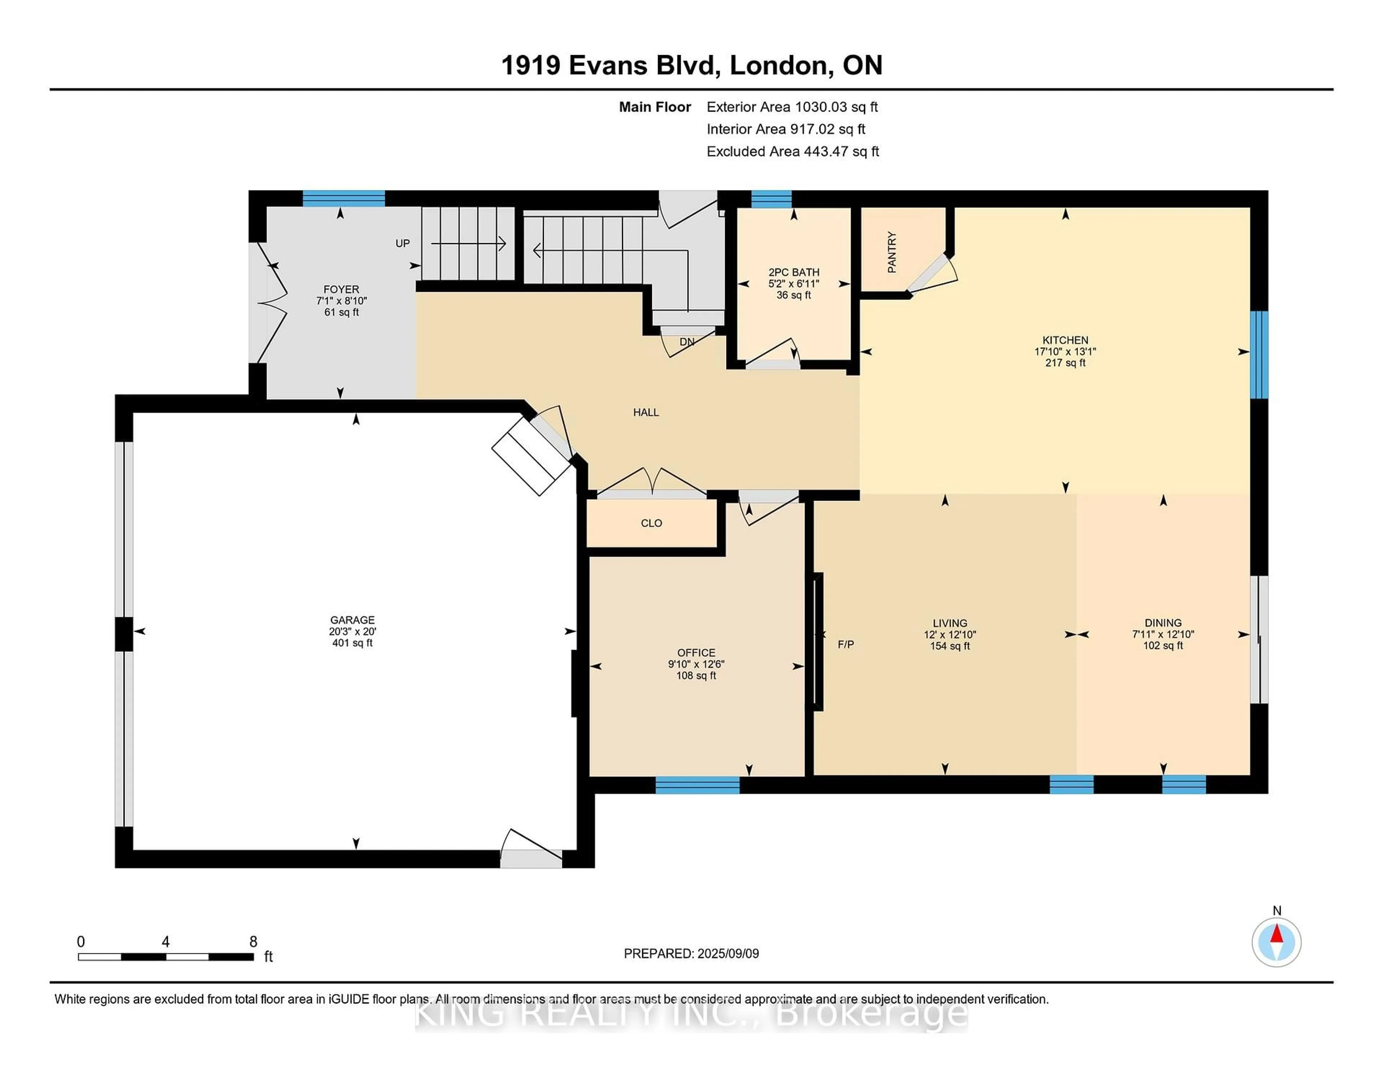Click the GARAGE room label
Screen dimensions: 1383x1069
[x=352, y=620]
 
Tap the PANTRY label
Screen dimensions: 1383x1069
[x=892, y=252]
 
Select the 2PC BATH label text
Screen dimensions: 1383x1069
[x=794, y=272]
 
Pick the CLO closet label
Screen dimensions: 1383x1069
[x=652, y=523]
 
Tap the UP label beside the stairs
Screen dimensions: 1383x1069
[x=403, y=243]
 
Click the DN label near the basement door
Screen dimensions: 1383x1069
[x=687, y=342]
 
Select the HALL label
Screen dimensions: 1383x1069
[x=646, y=412]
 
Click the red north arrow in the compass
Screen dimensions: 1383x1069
[x=1277, y=934]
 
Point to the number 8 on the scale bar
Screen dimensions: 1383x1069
[x=253, y=942]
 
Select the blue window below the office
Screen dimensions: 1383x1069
[x=697, y=785]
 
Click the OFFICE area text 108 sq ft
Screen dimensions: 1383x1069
[x=696, y=676]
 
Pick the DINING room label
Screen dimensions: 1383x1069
[x=1163, y=622]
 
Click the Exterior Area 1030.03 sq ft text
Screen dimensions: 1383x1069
[x=792, y=107]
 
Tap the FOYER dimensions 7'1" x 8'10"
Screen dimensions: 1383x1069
[x=341, y=301]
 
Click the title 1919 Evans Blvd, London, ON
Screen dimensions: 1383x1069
[x=691, y=65]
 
